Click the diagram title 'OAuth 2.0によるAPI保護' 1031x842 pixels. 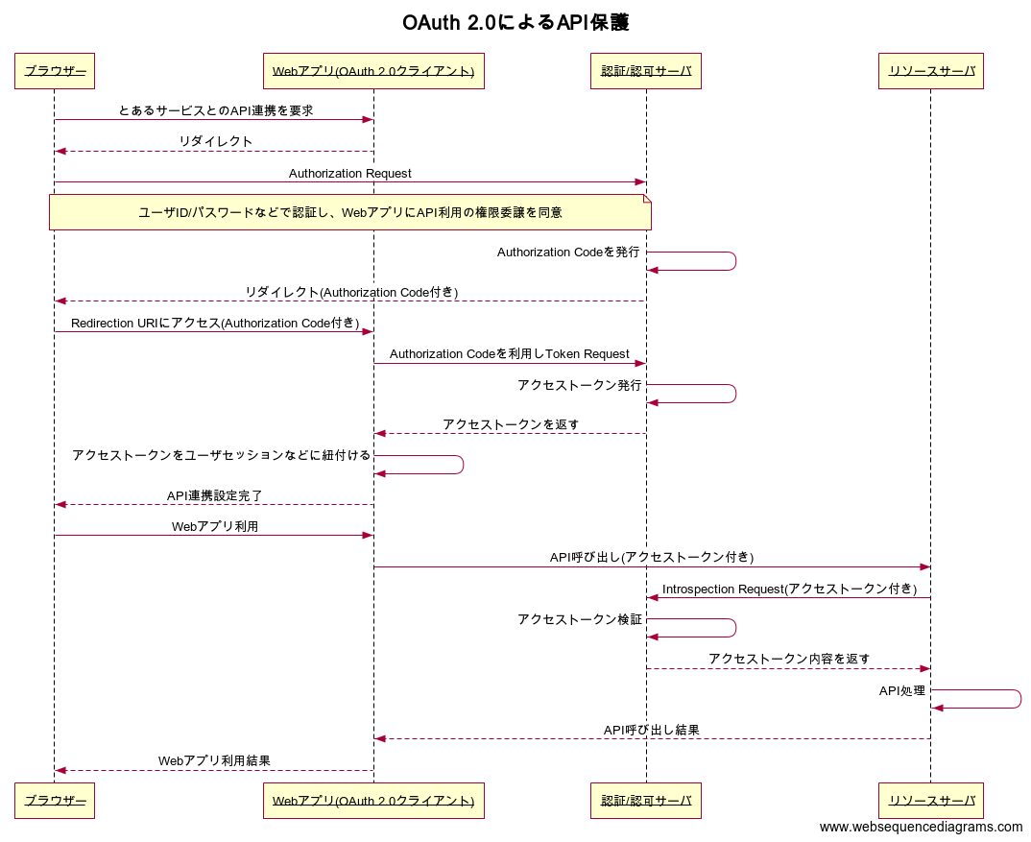tap(515, 23)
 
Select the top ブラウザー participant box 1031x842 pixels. tap(55, 71)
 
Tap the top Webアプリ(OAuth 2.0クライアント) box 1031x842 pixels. tap(373, 71)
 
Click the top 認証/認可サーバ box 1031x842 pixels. tap(646, 71)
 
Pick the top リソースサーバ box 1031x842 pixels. tap(931, 71)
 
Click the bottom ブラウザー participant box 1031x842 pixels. tap(55, 801)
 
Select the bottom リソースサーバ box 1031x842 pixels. tap(931, 801)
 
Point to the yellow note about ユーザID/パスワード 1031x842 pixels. tap(350, 212)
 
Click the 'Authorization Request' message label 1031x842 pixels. tap(350, 174)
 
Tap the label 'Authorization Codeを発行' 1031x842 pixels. tap(568, 253)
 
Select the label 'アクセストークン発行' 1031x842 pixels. tap(580, 385)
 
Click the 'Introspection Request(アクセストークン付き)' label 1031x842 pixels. tap(789, 589)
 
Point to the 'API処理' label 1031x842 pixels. tap(902, 691)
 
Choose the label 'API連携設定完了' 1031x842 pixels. tap(215, 495)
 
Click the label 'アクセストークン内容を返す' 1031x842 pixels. tap(789, 659)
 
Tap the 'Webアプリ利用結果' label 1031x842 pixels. tap(214, 761)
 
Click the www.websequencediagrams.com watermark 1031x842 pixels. tap(921, 827)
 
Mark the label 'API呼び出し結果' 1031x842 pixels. tap(651, 731)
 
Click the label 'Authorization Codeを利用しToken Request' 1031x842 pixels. tap(510, 354)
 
